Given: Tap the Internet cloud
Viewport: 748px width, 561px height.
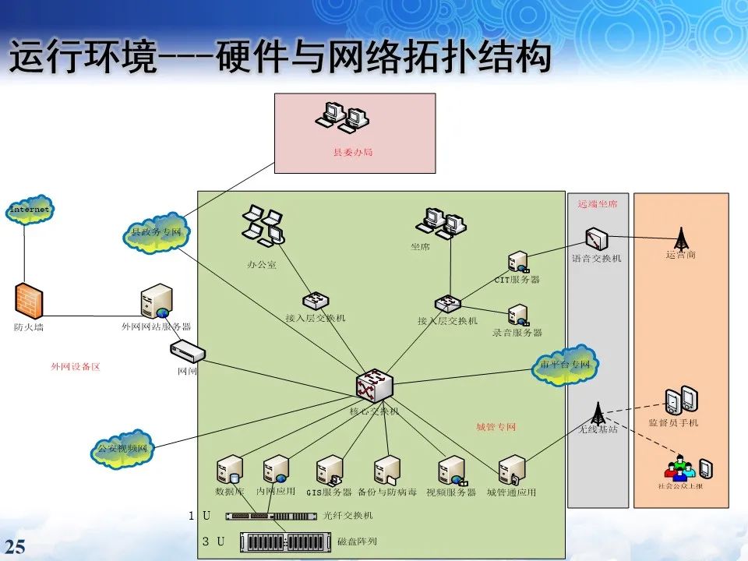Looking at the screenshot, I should [30, 210].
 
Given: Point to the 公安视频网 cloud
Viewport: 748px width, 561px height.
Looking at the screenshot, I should [122, 449].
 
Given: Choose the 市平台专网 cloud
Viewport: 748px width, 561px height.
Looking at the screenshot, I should [565, 365].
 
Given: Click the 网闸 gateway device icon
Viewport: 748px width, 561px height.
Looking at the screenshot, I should [187, 352].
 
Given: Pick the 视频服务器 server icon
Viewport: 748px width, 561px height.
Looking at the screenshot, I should [451, 471].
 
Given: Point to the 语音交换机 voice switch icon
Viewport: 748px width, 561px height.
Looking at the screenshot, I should [596, 238].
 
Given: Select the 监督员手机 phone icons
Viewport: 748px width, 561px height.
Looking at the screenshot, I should [681, 400].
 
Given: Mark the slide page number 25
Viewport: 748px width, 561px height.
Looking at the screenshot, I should [16, 545].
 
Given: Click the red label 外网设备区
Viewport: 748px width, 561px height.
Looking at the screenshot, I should [76, 366].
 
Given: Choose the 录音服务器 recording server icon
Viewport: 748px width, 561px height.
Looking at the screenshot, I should [517, 316].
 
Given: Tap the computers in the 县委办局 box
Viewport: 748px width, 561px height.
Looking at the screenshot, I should [342, 116].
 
